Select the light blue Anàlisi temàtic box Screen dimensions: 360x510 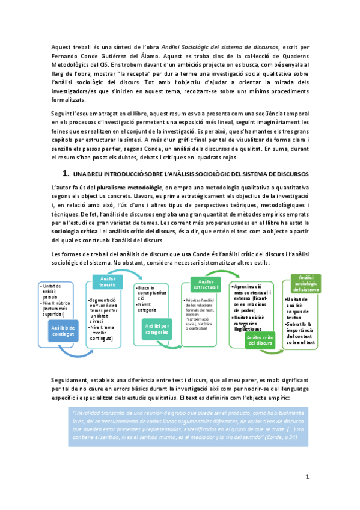[108, 281]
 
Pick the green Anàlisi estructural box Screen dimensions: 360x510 [206, 284]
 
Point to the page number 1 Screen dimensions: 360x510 [307, 476]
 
